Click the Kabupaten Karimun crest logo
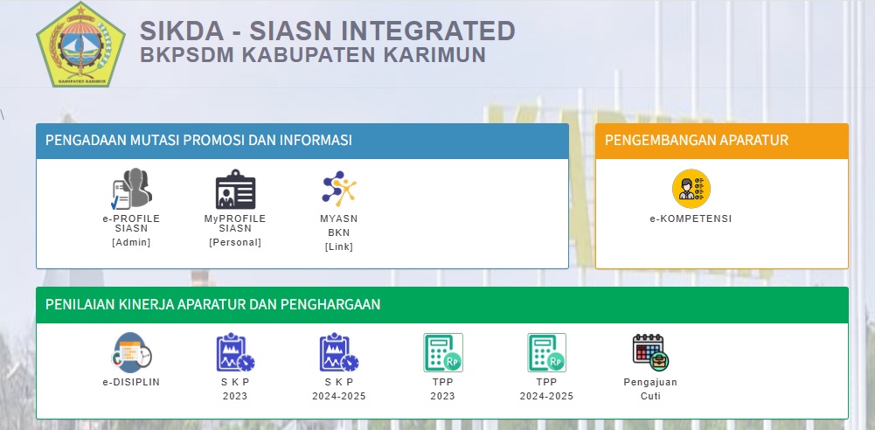pyautogui.click(x=81, y=45)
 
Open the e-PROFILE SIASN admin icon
pyautogui.click(x=131, y=189)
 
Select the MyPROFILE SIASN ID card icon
pyautogui.click(x=235, y=189)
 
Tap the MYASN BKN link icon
pyautogui.click(x=339, y=189)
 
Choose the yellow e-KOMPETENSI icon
pyautogui.click(x=691, y=189)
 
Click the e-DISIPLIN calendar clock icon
pyautogui.click(x=131, y=352)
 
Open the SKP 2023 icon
pyautogui.click(x=235, y=352)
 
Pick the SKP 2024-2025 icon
pyautogui.click(x=339, y=352)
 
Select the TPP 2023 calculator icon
pyautogui.click(x=443, y=352)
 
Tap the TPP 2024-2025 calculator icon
pyautogui.click(x=547, y=352)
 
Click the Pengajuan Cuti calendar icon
pyautogui.click(x=650, y=352)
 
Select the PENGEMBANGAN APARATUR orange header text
pyautogui.click(x=697, y=140)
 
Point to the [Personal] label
pyautogui.click(x=235, y=243)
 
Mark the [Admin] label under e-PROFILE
pyautogui.click(x=131, y=243)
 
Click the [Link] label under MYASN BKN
pyautogui.click(x=339, y=246)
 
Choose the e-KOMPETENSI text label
pyautogui.click(x=691, y=219)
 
